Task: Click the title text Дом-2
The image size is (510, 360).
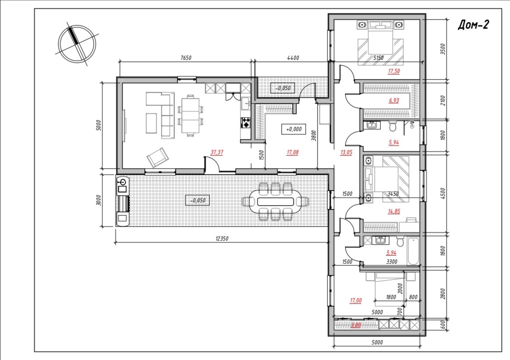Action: point(473,25)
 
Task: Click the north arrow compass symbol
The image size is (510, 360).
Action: point(77,44)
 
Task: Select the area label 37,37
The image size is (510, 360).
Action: point(217,152)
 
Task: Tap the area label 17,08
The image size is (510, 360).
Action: point(292,152)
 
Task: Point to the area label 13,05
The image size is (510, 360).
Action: point(346,152)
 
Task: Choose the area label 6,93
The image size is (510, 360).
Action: point(394,101)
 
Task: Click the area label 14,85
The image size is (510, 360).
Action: point(394,211)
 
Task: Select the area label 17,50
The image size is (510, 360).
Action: point(394,71)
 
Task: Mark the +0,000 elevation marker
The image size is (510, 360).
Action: point(294,129)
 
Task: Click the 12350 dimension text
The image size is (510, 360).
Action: point(222,239)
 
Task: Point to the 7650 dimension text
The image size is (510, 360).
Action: point(186,58)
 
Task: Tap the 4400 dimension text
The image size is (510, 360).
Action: point(293,58)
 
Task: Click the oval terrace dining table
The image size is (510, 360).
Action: point(275,202)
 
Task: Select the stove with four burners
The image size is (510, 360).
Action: point(246,123)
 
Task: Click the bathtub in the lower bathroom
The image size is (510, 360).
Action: point(413,251)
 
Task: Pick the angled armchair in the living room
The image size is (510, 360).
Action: point(158,157)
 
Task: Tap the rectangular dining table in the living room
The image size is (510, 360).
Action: point(190,115)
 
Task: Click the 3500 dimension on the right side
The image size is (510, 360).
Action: point(443,49)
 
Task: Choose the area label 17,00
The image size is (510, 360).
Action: point(356,301)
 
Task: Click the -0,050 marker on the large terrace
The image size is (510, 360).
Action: point(197,200)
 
